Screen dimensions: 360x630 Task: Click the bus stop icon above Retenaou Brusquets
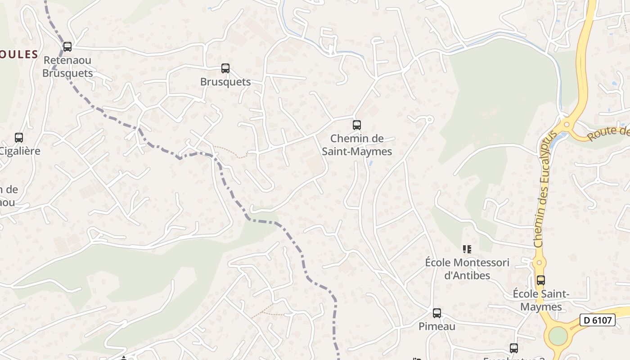click(67, 46)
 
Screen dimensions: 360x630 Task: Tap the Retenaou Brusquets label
click(67, 67)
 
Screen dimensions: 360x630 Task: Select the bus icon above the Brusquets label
click(225, 68)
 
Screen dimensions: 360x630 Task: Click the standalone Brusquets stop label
click(225, 82)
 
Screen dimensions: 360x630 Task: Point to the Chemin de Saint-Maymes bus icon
click(357, 125)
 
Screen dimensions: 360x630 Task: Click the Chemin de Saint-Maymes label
click(357, 145)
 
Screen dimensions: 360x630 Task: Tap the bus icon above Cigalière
click(19, 138)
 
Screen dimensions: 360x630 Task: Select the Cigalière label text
click(20, 151)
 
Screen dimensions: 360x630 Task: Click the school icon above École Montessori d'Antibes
click(467, 249)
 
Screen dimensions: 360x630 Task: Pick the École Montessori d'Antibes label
click(467, 269)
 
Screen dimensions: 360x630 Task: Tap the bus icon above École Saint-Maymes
click(541, 280)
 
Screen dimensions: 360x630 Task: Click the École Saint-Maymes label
click(541, 300)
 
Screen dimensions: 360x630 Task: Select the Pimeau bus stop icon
click(437, 313)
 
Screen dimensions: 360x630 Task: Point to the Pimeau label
click(437, 326)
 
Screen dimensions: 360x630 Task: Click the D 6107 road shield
click(597, 320)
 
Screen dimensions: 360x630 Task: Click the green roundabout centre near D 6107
click(558, 336)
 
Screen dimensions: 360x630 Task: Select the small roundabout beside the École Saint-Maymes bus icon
click(539, 262)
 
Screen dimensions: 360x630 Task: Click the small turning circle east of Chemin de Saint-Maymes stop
click(429, 119)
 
